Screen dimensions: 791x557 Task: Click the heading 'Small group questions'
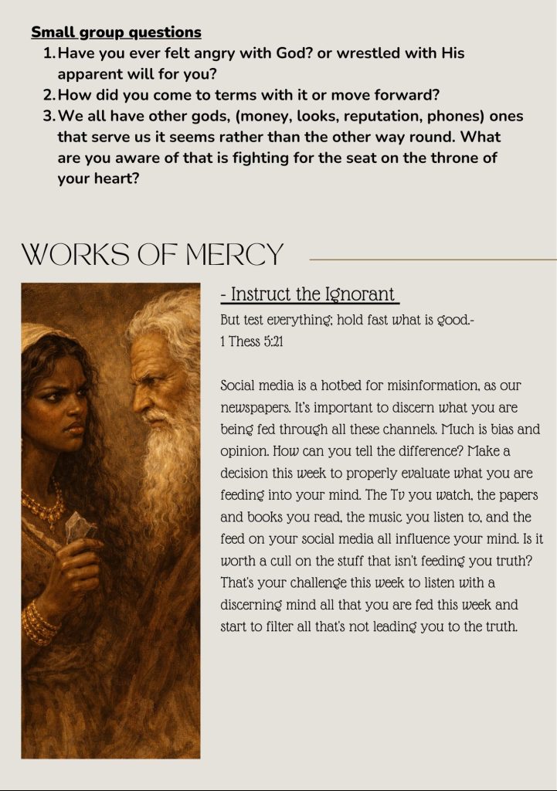116,32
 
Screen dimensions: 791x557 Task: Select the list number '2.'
49,95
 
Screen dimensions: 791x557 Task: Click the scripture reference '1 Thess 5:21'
252,341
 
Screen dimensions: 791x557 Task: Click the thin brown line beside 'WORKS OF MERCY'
433,259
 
